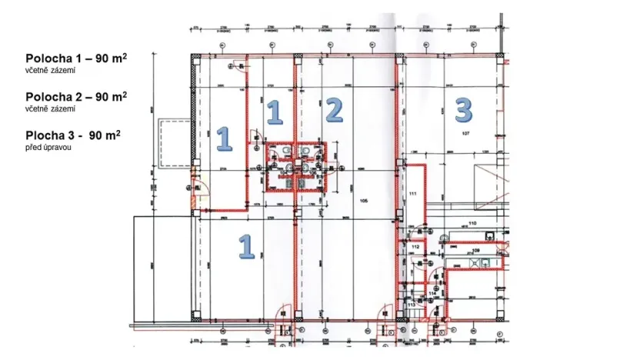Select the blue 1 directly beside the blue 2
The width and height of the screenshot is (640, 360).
(x=273, y=113)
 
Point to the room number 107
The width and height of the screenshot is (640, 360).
(x=465, y=134)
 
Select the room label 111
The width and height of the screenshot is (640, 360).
(x=412, y=193)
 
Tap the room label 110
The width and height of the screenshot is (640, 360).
(x=472, y=223)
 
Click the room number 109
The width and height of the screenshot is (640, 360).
(x=476, y=251)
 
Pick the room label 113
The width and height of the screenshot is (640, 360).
(x=411, y=305)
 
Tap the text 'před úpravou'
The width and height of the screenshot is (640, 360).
(x=48, y=147)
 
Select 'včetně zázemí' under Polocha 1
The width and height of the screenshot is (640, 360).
(x=50, y=70)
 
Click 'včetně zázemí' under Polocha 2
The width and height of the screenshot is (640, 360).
(x=50, y=108)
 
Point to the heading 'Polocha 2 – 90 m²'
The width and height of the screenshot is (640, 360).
(x=76, y=97)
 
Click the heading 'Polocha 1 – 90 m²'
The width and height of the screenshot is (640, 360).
(x=76, y=58)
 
